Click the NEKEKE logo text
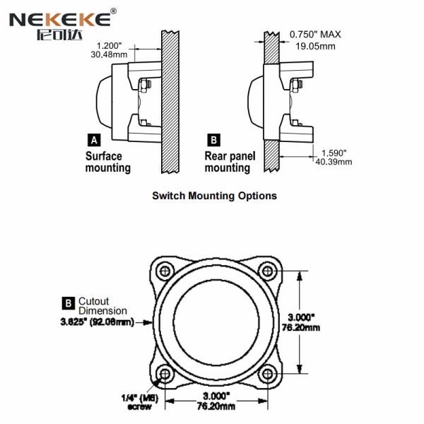[60, 20]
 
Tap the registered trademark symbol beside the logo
[114, 11]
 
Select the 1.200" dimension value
[110, 45]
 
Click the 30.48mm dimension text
[109, 54]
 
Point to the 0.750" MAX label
[315, 35]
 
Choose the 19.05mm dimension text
[315, 46]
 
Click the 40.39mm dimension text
[334, 162]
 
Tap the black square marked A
[94, 140]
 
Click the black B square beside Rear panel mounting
[213, 140]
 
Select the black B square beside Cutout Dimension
[69, 303]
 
